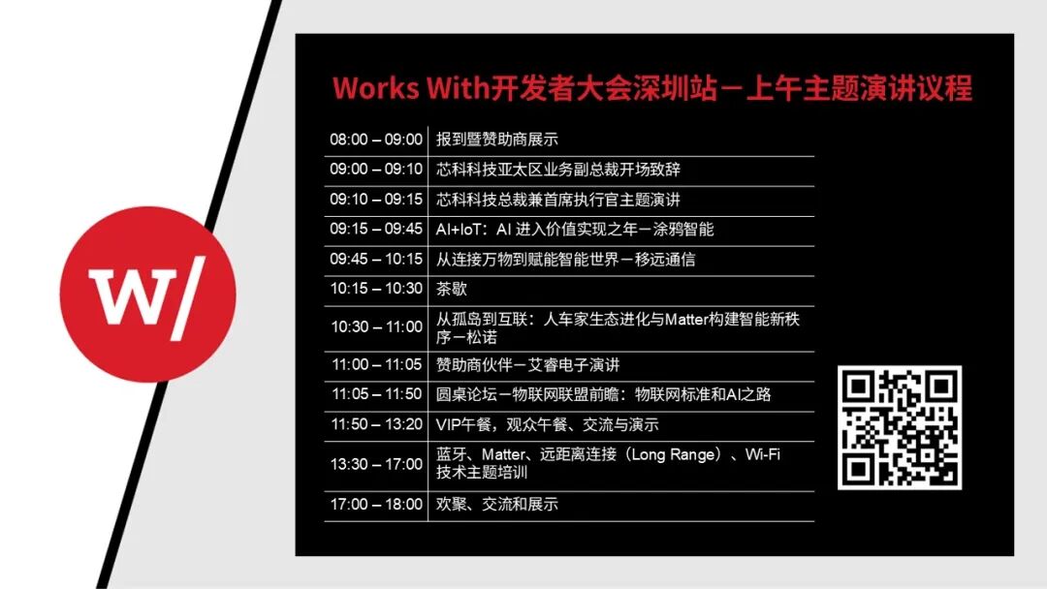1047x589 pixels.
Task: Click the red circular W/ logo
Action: coord(147,294)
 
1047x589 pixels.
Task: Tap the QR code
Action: coord(900,427)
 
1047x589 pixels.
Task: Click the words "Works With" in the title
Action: coord(411,89)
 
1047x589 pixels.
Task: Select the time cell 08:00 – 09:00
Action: coord(376,139)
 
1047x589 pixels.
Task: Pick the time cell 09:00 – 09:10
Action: coord(376,170)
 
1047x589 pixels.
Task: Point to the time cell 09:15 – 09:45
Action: coord(376,229)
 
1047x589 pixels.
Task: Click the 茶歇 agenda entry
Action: coord(452,289)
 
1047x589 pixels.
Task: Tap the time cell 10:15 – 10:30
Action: coord(376,289)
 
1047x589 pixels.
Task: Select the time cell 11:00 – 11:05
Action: coord(376,365)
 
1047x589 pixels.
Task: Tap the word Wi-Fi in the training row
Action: coord(763,455)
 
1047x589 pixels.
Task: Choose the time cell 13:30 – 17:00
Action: coord(376,464)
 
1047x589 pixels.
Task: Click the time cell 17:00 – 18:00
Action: coord(376,505)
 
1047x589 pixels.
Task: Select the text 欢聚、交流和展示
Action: coord(496,505)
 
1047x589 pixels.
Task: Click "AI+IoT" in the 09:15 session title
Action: coord(458,230)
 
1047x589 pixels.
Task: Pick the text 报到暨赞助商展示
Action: coord(496,139)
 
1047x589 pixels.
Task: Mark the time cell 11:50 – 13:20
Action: coord(376,424)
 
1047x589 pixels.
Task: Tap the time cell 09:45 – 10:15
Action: coord(376,259)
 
